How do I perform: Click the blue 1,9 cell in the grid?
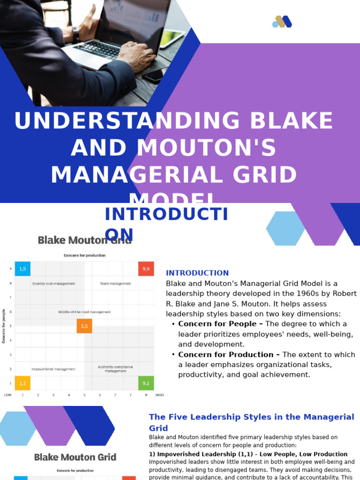22,269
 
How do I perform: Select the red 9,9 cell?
146,269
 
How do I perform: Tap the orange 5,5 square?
84,326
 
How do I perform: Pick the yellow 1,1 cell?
22,383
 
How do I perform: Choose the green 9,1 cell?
146,383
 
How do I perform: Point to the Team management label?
115,284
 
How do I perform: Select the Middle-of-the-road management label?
84,312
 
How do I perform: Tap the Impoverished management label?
53,369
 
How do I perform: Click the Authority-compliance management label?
115,368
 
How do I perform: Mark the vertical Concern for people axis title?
4,326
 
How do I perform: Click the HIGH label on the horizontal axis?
159,395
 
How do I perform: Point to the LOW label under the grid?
8,395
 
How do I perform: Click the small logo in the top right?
282,22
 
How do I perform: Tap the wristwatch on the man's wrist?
76,34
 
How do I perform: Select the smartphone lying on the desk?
155,75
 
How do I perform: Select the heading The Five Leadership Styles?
251,417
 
